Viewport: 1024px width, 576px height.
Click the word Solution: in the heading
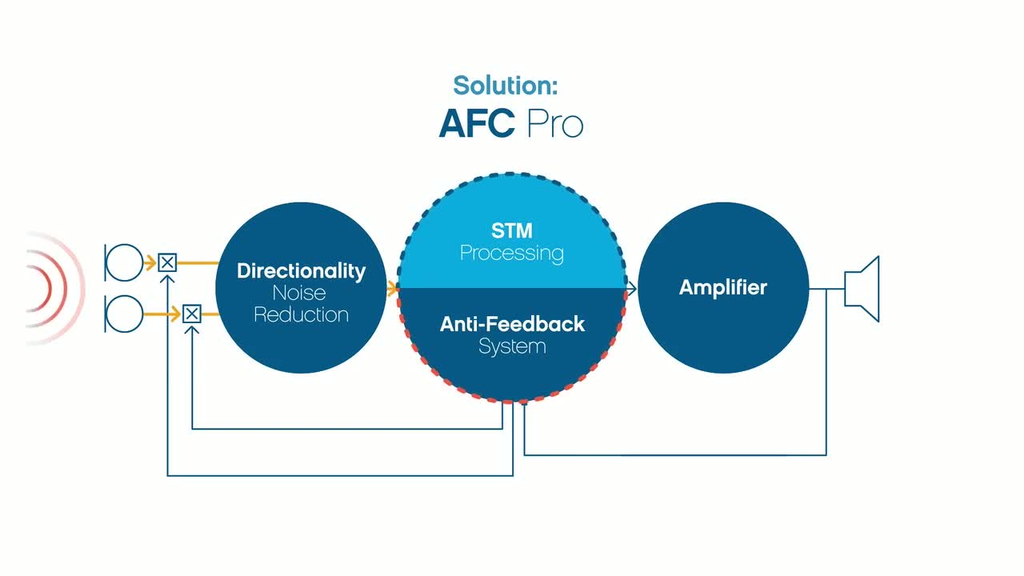tap(505, 85)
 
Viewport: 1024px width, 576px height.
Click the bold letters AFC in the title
tap(477, 123)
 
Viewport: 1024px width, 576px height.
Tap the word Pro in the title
tap(555, 123)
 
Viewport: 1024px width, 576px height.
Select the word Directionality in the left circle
tap(302, 271)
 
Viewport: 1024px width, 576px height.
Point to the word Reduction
tap(302, 314)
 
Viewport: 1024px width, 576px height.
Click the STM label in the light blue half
tap(511, 230)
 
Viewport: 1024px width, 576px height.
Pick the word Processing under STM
tap(511, 254)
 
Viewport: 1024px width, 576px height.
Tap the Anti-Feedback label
tap(512, 324)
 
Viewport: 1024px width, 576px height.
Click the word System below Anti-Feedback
tap(512, 346)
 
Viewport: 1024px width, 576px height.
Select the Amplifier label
tap(723, 287)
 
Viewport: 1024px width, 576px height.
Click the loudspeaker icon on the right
tap(862, 289)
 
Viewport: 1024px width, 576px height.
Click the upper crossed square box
tap(167, 263)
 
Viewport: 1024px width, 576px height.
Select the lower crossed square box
tap(192, 314)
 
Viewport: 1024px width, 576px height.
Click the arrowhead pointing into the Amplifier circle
tap(631, 289)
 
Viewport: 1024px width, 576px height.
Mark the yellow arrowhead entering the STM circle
tap(392, 289)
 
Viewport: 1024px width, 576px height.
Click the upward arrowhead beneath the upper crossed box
tap(167, 278)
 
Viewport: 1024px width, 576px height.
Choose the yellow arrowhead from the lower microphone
tap(175, 314)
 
